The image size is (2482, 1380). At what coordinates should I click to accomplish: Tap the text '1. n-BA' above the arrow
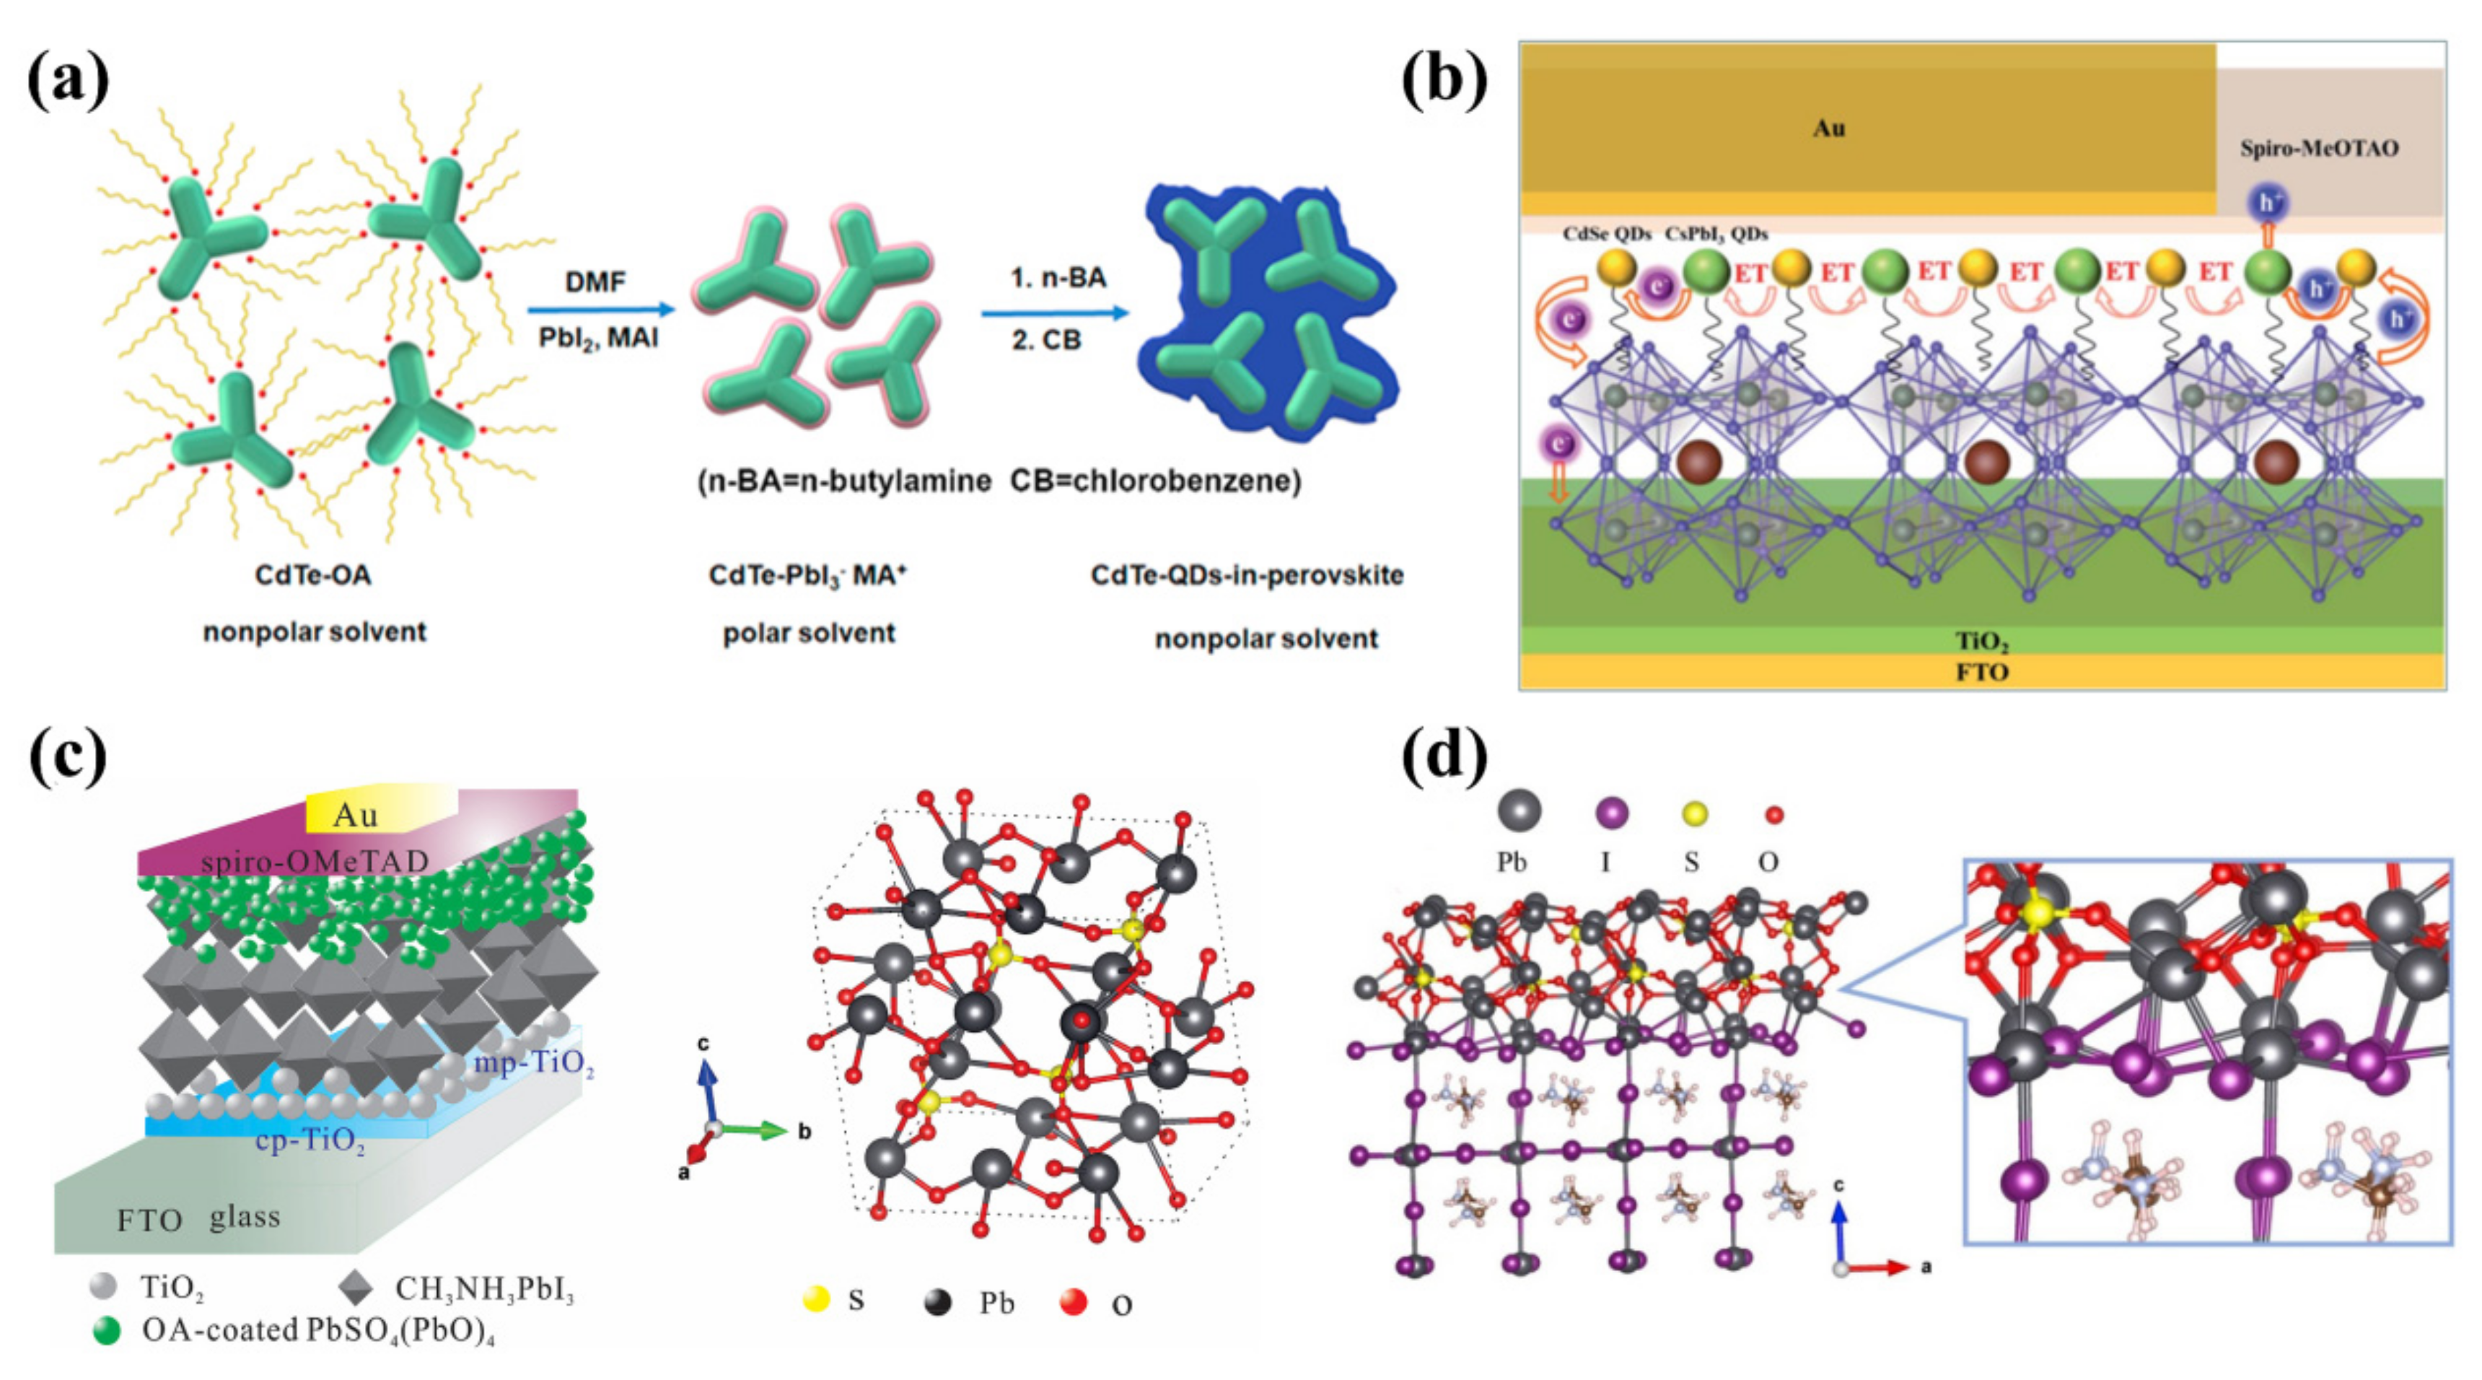click(x=1058, y=278)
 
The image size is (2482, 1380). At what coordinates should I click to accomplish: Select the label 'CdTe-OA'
click(x=312, y=575)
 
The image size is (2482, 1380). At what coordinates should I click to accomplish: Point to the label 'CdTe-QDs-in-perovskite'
click(x=1247, y=575)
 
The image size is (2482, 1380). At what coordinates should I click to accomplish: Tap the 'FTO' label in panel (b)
click(x=1981, y=672)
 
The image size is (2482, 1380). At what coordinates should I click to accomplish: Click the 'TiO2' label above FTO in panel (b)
click(x=1981, y=641)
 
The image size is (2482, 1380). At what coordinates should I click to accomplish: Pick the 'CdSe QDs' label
click(x=1606, y=233)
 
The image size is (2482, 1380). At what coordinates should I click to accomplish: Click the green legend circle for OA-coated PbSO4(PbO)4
click(x=106, y=1331)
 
